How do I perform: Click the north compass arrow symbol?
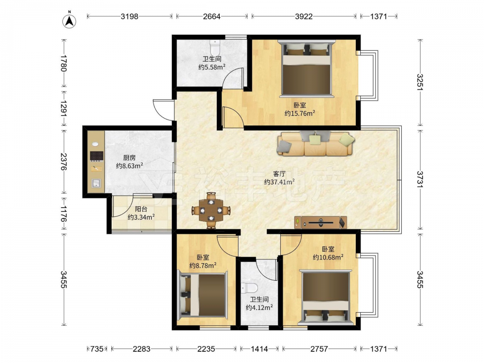69,21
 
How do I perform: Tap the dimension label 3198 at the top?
129,16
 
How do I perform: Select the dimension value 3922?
304,16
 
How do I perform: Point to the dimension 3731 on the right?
420,180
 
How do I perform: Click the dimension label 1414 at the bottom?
259,349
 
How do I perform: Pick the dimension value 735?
97,349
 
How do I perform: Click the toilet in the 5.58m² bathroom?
214,47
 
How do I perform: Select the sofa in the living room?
316,143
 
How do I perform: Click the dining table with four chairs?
211,211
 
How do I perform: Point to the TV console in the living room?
321,222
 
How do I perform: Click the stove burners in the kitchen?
96,156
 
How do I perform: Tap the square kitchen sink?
96,183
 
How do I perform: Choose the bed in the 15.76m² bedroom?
306,69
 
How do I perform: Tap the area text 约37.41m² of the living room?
279,182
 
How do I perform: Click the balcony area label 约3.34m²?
141,217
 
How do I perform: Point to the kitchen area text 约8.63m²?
129,166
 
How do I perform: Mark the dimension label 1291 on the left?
63,108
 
